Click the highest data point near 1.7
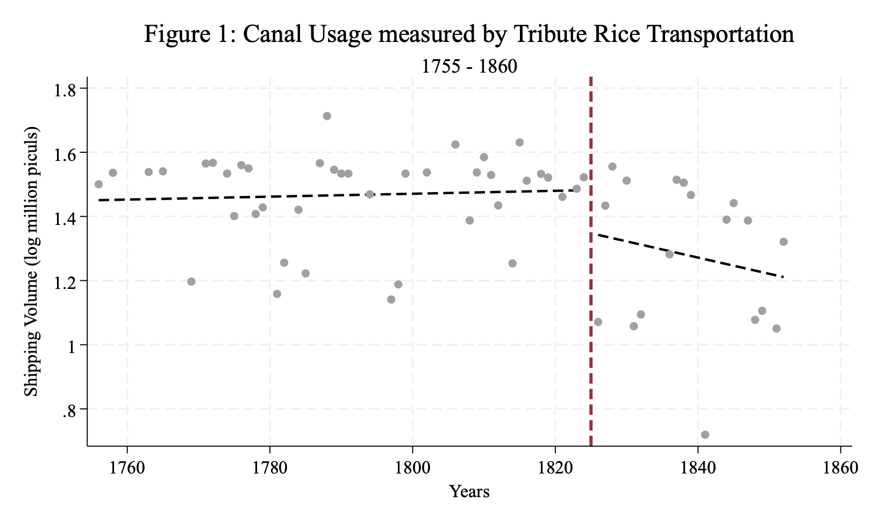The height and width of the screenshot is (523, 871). (327, 116)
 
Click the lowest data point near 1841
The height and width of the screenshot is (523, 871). (705, 435)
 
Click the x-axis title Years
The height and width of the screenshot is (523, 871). (469, 491)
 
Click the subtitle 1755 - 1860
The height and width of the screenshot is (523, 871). (469, 66)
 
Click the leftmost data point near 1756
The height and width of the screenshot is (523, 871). (98, 184)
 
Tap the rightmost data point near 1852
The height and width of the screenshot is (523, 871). (783, 242)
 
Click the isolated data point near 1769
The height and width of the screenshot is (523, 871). (191, 281)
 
